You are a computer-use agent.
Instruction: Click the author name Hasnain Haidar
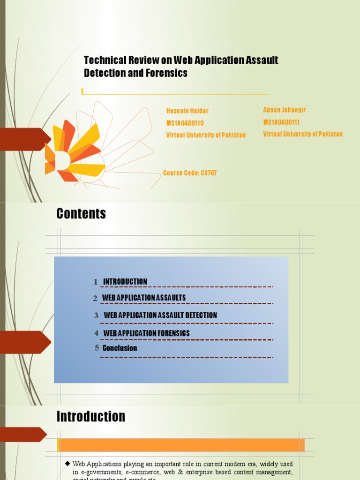(187, 111)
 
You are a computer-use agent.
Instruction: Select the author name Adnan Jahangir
(285, 110)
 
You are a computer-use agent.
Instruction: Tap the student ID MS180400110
(185, 123)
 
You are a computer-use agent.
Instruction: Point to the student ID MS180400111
(282, 122)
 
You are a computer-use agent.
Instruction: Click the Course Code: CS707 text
(190, 173)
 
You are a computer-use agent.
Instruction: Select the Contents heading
(81, 214)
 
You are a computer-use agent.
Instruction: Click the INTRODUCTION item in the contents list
(125, 282)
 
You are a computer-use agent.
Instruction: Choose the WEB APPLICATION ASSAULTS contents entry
(144, 298)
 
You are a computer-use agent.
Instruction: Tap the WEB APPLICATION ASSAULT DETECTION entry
(160, 315)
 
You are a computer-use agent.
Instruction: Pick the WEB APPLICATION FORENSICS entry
(146, 333)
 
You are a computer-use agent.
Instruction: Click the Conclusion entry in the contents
(120, 348)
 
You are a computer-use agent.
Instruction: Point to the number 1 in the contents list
(96, 282)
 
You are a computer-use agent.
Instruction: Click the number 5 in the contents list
(97, 348)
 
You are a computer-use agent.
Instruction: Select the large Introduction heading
(91, 417)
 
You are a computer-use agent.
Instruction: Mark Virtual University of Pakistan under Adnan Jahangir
(303, 134)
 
